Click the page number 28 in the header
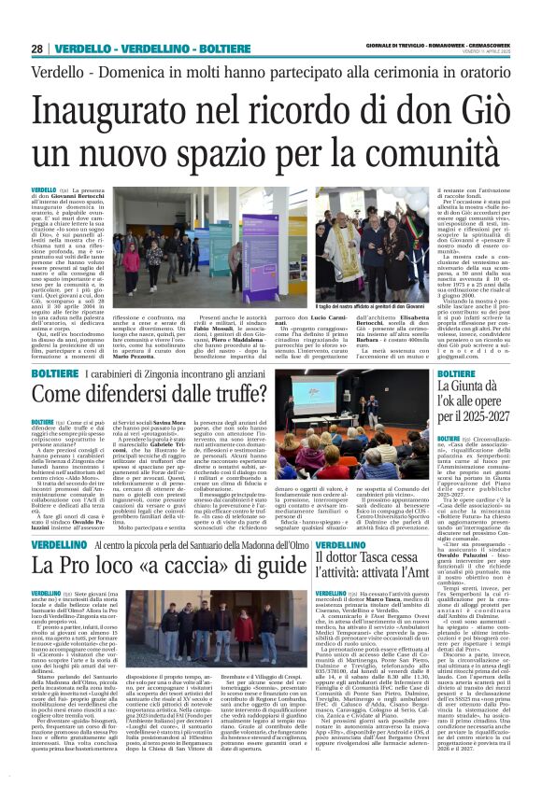(37, 48)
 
